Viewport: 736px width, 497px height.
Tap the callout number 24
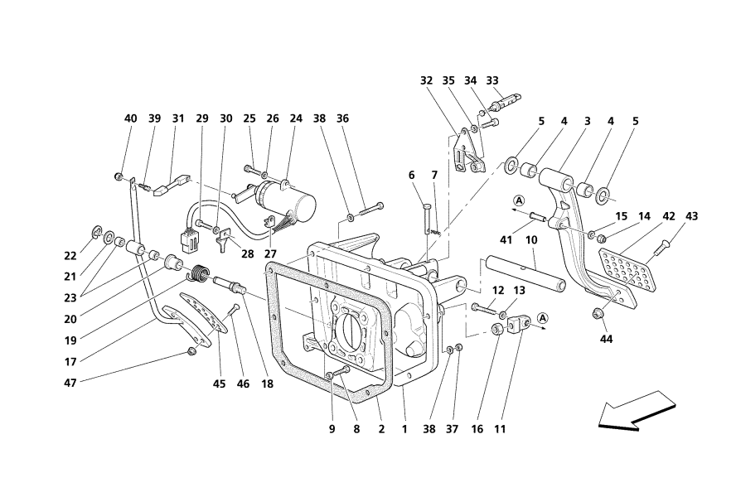coord(297,118)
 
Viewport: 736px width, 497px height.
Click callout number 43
coord(692,216)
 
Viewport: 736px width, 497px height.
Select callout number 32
coord(426,81)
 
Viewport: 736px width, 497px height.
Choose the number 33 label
coord(492,81)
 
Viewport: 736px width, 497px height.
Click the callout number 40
coord(131,118)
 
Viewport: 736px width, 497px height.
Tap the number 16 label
coord(477,430)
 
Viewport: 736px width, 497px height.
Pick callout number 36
coord(342,118)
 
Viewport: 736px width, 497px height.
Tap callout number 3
coord(587,121)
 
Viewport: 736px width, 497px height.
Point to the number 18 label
coord(268,384)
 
